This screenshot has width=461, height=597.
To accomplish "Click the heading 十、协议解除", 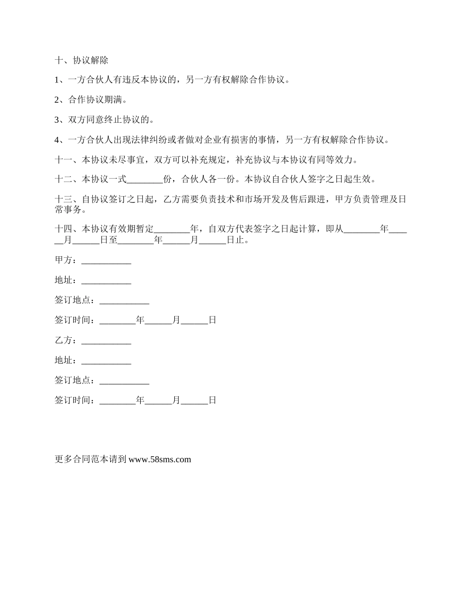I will point(82,61).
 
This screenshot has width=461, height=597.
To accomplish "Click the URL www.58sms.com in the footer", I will point(160,459).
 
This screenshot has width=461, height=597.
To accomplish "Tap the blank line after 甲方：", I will point(106,261).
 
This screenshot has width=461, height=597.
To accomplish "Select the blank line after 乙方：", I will point(106,341).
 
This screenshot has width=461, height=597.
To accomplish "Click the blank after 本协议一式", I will point(145,180).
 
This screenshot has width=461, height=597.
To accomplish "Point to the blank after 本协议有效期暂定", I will point(172,229).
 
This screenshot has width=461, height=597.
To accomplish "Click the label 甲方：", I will point(66,261).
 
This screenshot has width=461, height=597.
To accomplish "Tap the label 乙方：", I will point(66,341).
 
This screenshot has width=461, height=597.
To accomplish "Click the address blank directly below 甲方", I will point(106,281).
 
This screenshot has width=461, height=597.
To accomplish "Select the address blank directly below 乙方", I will point(106,361).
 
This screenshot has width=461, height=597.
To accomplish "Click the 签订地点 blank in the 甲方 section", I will point(124,300).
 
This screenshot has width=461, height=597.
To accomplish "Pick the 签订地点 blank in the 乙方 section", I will point(124,381).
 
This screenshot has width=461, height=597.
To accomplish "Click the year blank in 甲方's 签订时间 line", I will point(117,320).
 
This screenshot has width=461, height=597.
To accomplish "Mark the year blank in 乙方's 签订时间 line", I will point(117,401).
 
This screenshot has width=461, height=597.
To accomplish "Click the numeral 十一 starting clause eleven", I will point(64,160).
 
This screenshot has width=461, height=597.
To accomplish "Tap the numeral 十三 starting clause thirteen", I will point(64,199).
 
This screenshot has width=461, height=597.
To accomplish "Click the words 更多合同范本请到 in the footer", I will point(91,459).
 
